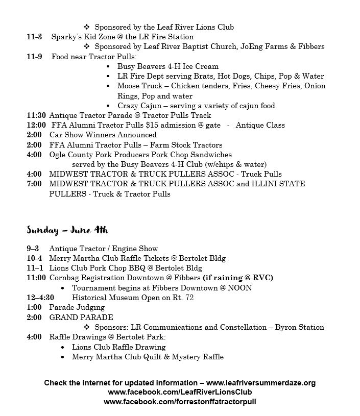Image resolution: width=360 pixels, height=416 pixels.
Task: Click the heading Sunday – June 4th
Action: [x=67, y=230]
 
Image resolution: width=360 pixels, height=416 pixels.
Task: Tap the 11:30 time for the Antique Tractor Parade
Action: [x=36, y=115]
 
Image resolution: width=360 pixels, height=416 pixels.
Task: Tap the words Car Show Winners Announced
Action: [x=103, y=135]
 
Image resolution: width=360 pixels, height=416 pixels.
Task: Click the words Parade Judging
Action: [x=77, y=307]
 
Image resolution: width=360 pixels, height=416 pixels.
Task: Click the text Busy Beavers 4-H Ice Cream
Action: [x=167, y=66]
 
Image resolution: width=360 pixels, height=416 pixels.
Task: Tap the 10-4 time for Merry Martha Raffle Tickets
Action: [x=35, y=258]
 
